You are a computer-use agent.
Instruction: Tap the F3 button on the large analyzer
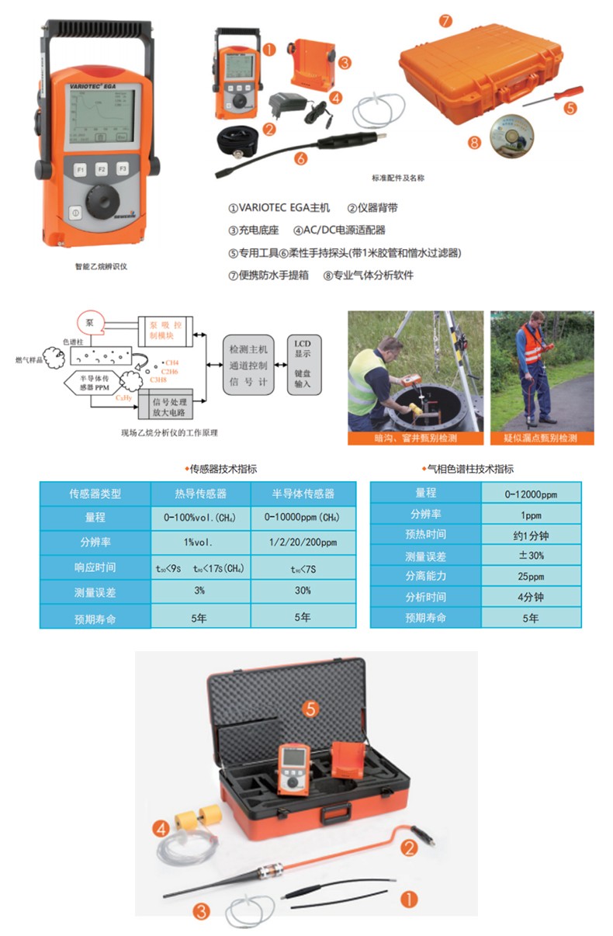click(x=123, y=168)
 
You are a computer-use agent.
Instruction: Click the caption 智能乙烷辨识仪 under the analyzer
click(x=100, y=266)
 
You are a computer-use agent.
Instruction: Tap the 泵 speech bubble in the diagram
click(x=91, y=321)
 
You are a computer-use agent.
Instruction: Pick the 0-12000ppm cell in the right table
click(x=531, y=493)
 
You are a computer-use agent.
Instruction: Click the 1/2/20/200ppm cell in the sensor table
click(x=303, y=543)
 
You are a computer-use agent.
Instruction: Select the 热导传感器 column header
click(x=200, y=494)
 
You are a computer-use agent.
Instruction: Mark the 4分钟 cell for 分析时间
click(x=531, y=598)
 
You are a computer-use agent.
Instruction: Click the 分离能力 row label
click(x=425, y=577)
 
